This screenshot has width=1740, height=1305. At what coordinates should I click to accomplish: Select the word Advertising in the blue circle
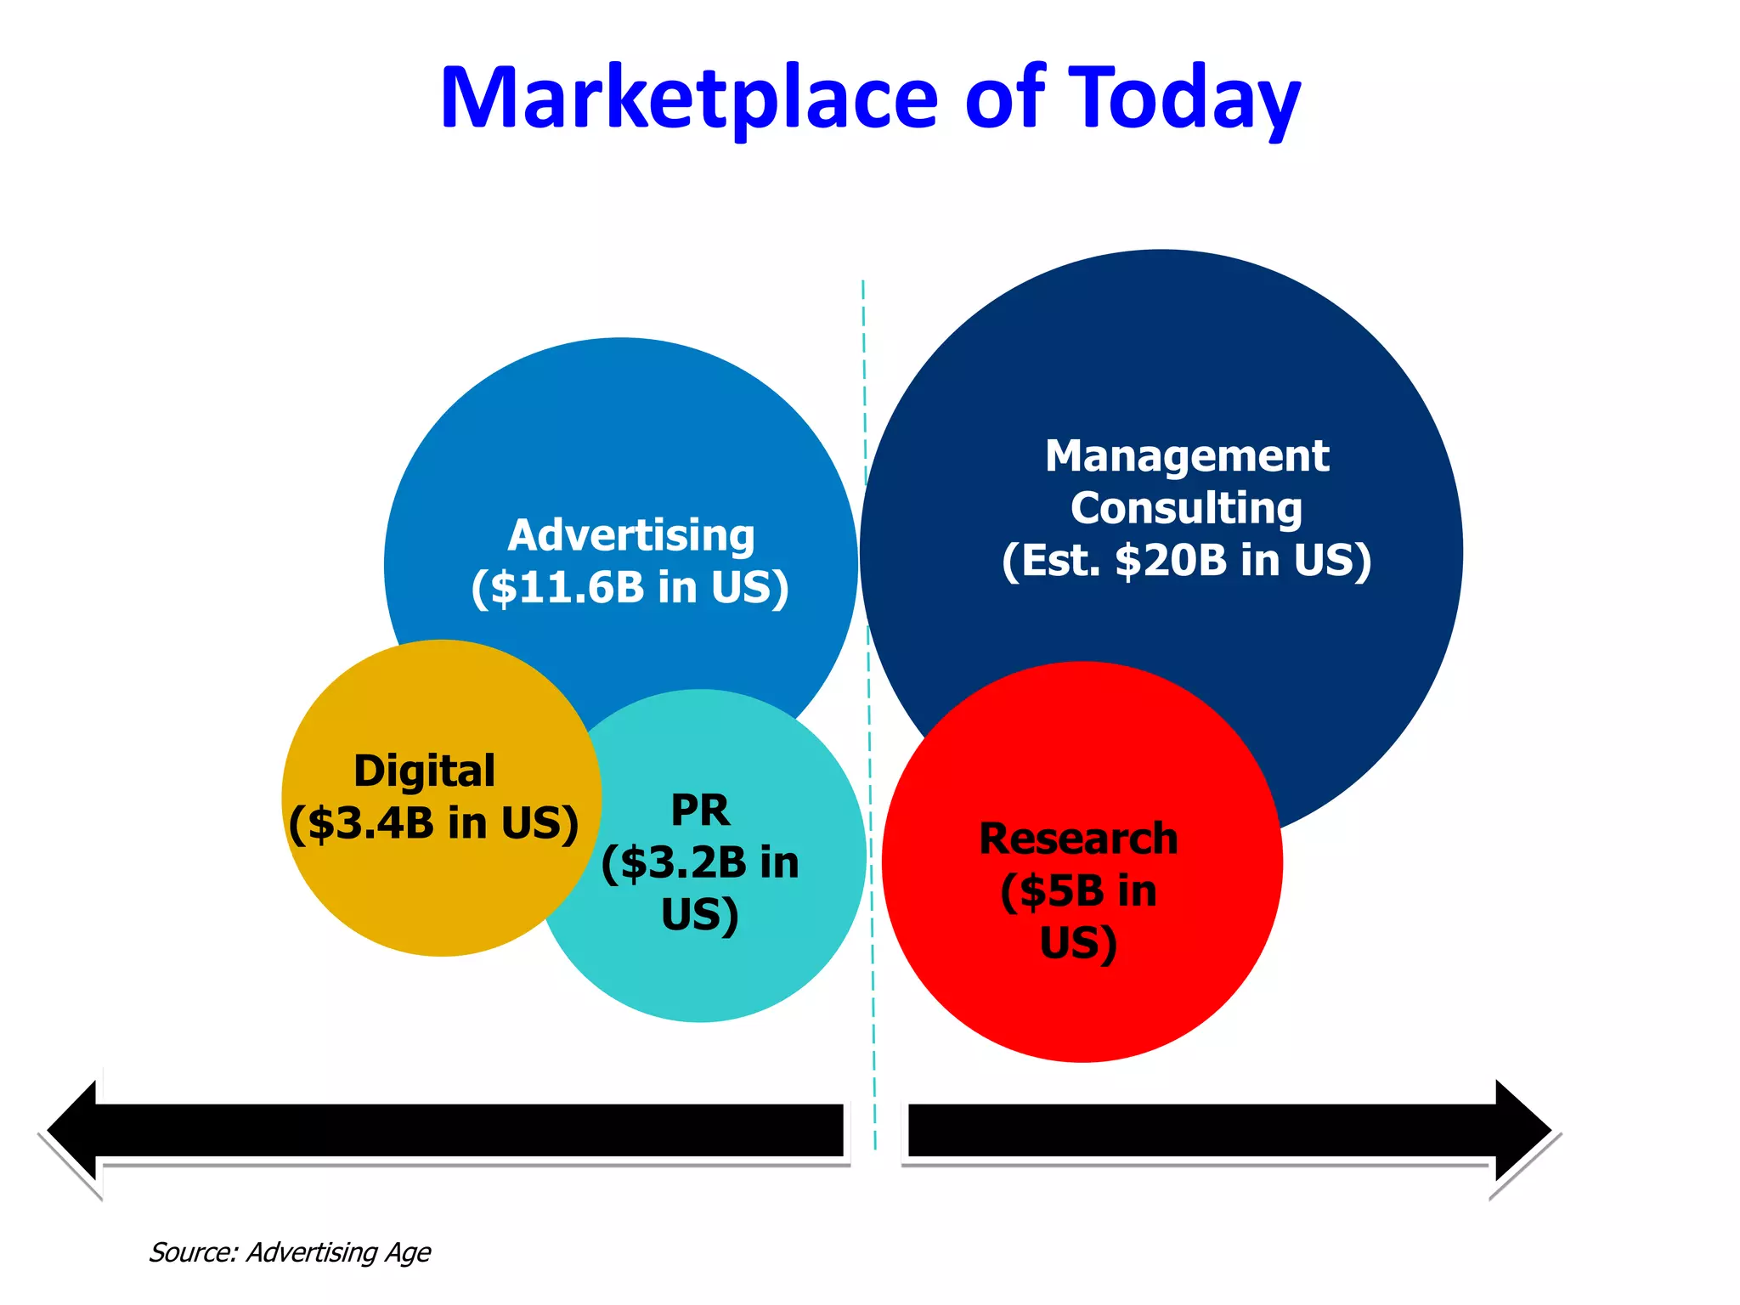(x=631, y=535)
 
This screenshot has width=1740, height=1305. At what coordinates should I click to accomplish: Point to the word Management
(x=1187, y=456)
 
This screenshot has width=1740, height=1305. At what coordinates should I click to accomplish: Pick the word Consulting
(x=1186, y=508)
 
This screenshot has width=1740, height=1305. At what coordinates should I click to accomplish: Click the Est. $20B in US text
(x=1187, y=561)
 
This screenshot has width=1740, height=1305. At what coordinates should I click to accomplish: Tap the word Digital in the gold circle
(x=424, y=771)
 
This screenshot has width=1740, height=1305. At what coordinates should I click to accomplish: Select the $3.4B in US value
(x=433, y=823)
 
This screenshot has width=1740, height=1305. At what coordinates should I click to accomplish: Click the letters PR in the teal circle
(x=700, y=810)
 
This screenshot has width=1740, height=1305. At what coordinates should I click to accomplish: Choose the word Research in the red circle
(x=1078, y=839)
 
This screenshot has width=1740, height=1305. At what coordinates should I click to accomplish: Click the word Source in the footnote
(x=193, y=1252)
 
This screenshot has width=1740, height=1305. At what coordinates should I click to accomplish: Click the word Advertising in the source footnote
(x=312, y=1252)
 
